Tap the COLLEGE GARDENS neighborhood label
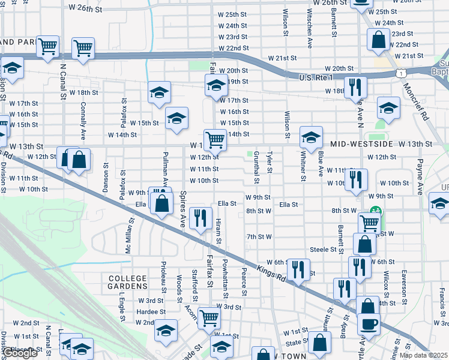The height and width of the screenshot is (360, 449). click(x=128, y=283)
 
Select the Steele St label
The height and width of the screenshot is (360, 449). click(x=322, y=249)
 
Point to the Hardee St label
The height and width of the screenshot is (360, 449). click(x=151, y=312)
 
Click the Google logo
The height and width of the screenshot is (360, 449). click(x=20, y=353)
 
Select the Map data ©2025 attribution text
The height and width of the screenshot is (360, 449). click(x=423, y=355)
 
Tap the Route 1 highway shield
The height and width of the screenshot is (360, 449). click(x=400, y=72)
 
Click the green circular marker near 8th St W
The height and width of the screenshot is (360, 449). click(x=376, y=211)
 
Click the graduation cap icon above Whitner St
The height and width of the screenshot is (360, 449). click(x=311, y=137)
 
